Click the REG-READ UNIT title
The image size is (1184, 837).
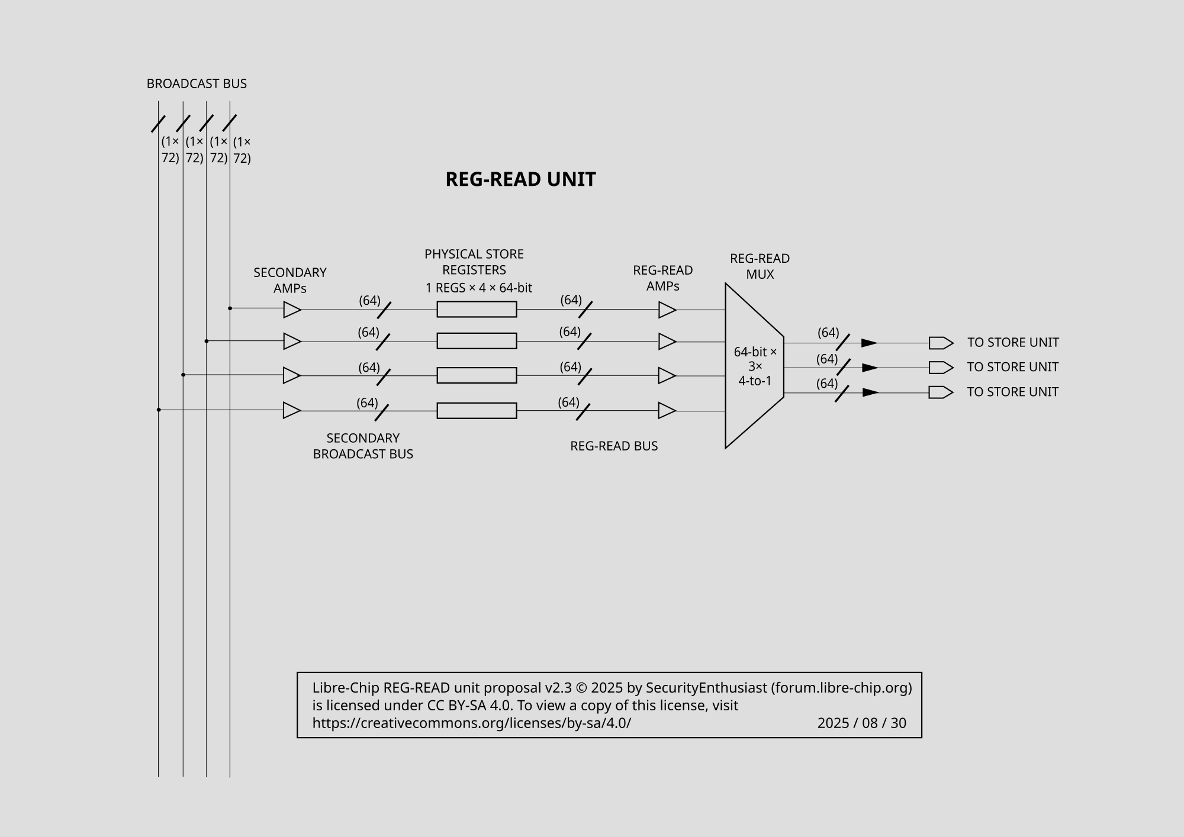pos(520,179)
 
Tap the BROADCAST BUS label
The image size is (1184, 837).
pos(197,83)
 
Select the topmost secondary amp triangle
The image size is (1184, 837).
pos(292,310)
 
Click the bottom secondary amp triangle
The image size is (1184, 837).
pos(292,410)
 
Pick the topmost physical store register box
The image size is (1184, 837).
pos(477,309)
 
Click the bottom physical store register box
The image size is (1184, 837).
pos(477,410)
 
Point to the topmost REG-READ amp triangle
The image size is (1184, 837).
pos(667,310)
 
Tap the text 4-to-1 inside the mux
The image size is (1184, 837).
pos(755,381)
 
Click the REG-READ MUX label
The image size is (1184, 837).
pos(760,266)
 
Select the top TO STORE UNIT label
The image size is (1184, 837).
pos(1013,342)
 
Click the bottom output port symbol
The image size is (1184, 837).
pos(941,392)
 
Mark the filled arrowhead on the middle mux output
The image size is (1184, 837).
pos(870,368)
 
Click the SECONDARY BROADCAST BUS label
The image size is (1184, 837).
pos(363,446)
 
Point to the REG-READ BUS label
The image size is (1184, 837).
pos(614,446)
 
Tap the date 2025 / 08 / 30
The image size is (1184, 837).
pos(861,723)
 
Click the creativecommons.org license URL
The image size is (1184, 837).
pos(472,723)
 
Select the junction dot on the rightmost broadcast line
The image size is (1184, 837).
pos(230,308)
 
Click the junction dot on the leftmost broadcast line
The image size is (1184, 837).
pos(159,410)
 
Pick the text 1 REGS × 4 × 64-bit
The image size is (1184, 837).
pos(478,288)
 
